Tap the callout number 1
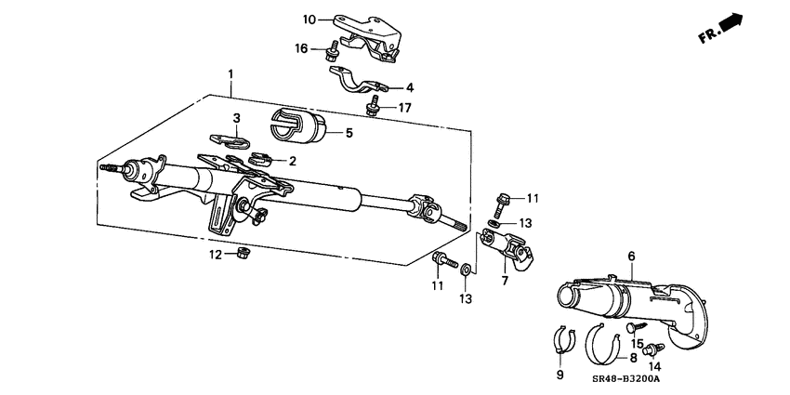[x=230, y=73]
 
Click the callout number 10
[x=309, y=19]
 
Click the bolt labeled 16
[x=331, y=52]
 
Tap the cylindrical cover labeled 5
[x=297, y=127]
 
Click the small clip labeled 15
[x=635, y=327]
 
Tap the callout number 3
[x=236, y=118]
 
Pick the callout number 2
[x=293, y=161]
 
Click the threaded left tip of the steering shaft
[x=104, y=168]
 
